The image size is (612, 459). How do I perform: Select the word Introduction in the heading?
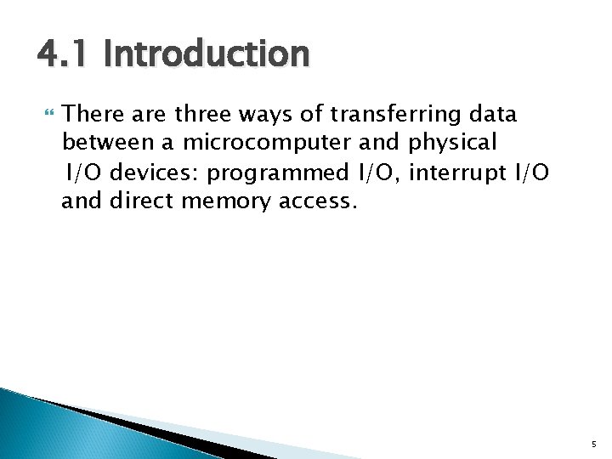[207, 55]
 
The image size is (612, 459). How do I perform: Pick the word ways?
[266, 115]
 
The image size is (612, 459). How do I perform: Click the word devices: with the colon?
[156, 173]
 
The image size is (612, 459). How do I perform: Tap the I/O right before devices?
[85, 173]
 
